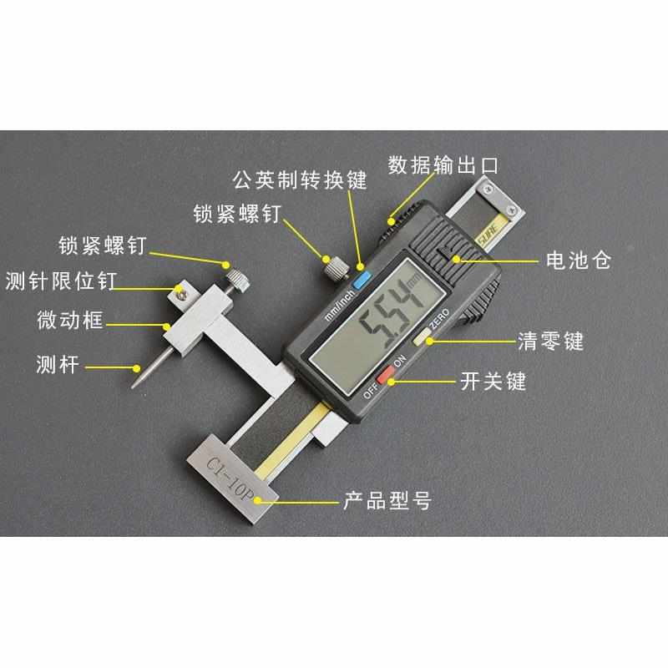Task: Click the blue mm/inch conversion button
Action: tap(362, 280)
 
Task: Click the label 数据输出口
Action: tap(443, 164)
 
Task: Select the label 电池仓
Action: tap(578, 261)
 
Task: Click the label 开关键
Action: tap(493, 383)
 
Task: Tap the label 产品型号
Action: tap(387, 502)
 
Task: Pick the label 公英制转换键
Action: tap(299, 178)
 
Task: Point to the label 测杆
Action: tap(58, 364)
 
